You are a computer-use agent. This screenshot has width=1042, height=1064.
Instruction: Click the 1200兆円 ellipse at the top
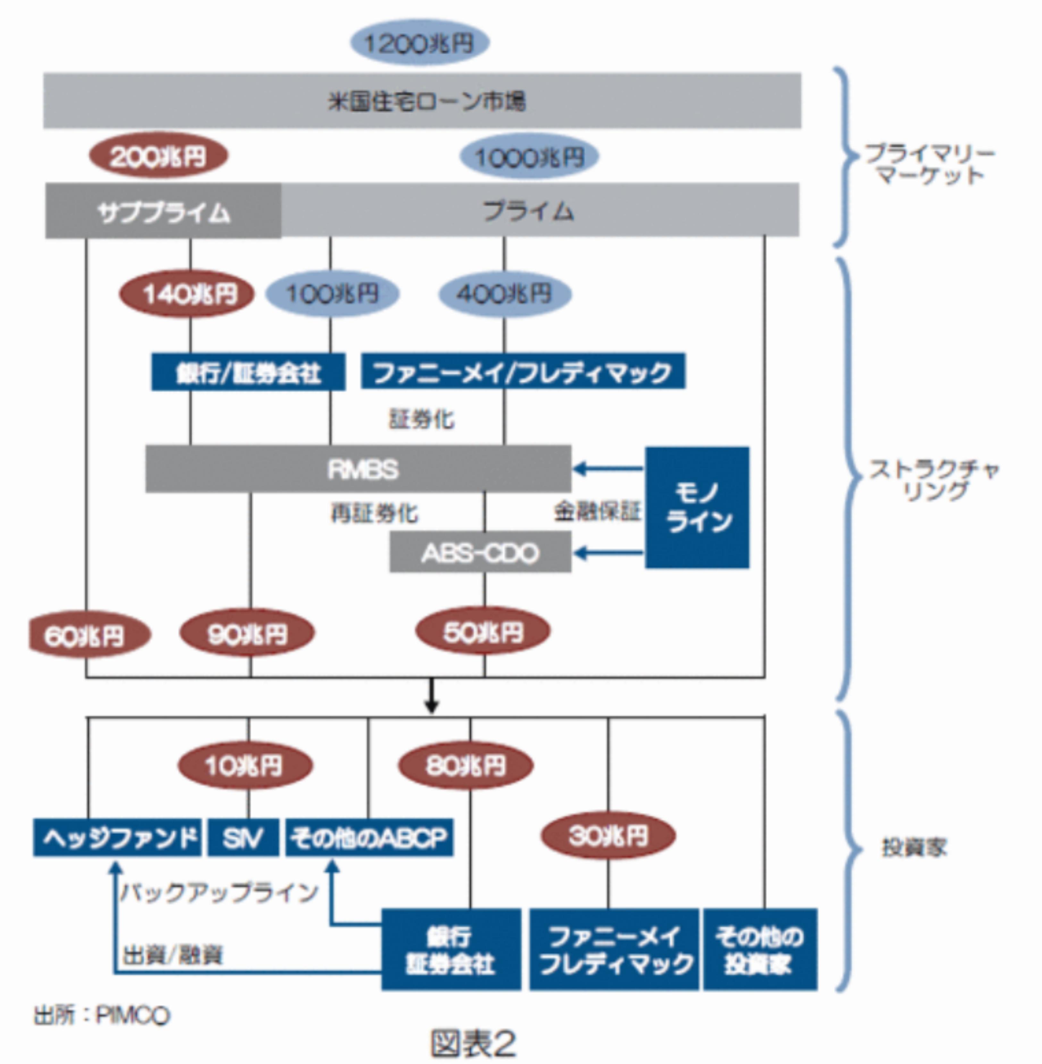pyautogui.click(x=419, y=43)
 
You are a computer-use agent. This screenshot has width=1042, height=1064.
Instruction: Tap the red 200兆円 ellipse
pyautogui.click(x=158, y=156)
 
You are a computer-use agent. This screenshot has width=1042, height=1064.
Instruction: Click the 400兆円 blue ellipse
pyautogui.click(x=505, y=294)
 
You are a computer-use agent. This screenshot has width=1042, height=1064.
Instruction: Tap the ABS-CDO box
pyautogui.click(x=480, y=553)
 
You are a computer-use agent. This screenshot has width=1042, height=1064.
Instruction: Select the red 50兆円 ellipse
pyautogui.click(x=483, y=632)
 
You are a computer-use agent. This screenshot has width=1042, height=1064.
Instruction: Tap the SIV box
pyautogui.click(x=243, y=837)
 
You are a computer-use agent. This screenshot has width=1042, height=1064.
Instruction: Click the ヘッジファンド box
pyautogui.click(x=117, y=837)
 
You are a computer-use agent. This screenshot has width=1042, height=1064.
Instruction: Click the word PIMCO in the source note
pyautogui.click(x=133, y=1015)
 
